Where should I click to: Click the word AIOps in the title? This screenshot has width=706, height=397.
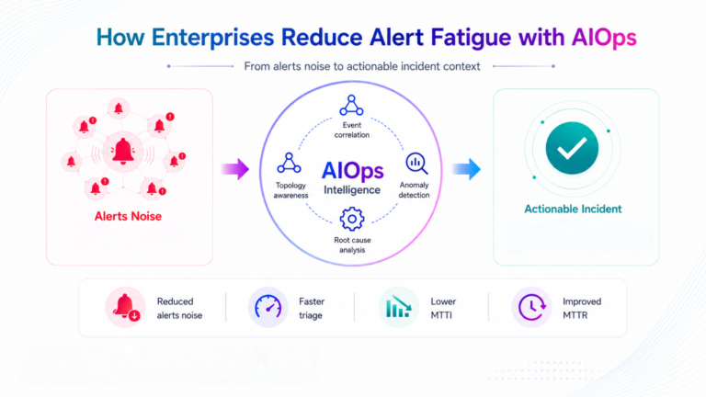[x=604, y=38]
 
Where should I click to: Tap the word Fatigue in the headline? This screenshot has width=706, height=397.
[x=471, y=39]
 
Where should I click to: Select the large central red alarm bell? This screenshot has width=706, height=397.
[x=123, y=151]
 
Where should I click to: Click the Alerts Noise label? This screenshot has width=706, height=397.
[x=128, y=216]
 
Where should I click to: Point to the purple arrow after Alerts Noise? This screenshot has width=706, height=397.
[x=235, y=169]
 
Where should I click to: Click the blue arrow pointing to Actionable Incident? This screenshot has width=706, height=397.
[x=466, y=169]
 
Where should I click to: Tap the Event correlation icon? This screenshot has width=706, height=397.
[x=351, y=106]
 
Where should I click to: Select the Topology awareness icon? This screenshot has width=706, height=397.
[x=289, y=163]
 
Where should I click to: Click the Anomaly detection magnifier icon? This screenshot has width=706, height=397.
[x=416, y=164]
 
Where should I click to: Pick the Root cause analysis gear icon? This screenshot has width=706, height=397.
[x=352, y=220]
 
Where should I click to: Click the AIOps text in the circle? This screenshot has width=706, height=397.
[x=353, y=171]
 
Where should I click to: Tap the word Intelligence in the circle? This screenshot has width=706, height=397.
[x=352, y=190]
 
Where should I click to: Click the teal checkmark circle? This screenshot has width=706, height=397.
[x=572, y=148]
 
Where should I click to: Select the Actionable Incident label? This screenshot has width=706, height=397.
[x=573, y=209]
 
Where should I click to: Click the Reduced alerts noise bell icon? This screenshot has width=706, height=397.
[x=126, y=308]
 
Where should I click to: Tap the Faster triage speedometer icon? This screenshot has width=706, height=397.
[x=268, y=308]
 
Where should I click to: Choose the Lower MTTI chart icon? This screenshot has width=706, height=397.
[x=398, y=308]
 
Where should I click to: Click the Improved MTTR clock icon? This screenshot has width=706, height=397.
[x=531, y=308]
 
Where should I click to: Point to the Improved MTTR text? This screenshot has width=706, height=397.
[x=582, y=309]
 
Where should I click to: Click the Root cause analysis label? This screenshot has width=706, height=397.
[x=352, y=244]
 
